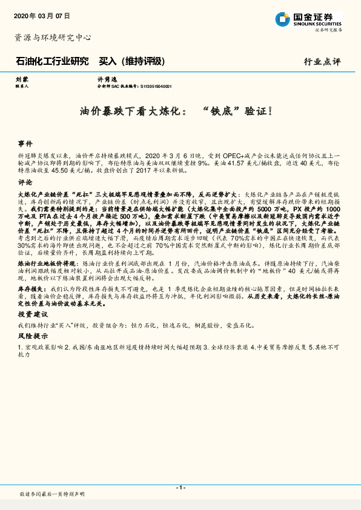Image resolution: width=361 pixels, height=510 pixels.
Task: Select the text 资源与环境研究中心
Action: [x=53, y=38]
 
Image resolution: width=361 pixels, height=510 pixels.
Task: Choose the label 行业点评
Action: [x=322, y=62]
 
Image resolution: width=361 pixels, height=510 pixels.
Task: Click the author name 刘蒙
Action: [x=21, y=79]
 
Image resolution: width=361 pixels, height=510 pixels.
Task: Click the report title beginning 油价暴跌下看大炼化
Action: [x=180, y=111]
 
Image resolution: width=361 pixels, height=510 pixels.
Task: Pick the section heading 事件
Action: [x=25, y=144]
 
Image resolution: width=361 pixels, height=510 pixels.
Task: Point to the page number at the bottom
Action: [x=180, y=487]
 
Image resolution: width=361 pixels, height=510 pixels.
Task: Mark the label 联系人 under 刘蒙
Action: [x=22, y=86]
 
